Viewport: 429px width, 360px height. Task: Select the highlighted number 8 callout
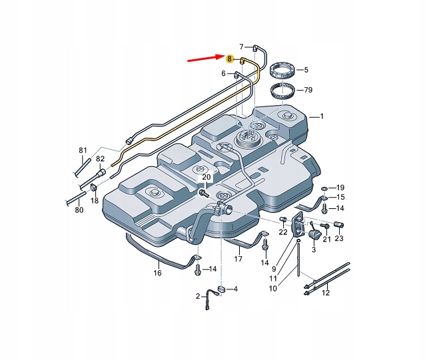click(x=230, y=59)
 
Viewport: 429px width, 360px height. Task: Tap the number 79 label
click(x=307, y=90)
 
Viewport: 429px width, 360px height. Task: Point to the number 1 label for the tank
click(x=322, y=116)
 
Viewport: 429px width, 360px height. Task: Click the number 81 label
click(x=83, y=150)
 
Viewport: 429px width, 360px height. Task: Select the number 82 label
click(x=100, y=159)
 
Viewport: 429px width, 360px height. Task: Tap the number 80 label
click(x=79, y=210)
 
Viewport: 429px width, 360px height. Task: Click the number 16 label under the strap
click(x=158, y=273)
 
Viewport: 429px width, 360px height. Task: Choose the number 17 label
click(x=238, y=259)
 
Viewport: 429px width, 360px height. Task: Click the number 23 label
click(x=339, y=239)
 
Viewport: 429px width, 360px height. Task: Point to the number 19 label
click(x=340, y=188)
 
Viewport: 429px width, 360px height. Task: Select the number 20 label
click(x=206, y=178)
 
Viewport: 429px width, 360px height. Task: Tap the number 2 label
click(x=198, y=296)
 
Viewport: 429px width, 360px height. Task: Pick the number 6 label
click(x=223, y=75)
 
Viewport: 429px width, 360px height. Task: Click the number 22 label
click(x=283, y=232)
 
